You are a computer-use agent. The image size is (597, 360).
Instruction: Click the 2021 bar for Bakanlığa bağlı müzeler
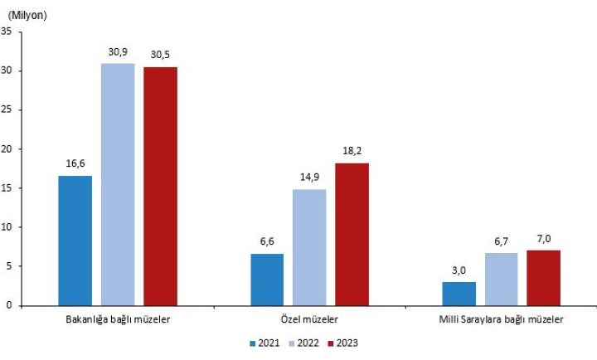[x=75, y=241]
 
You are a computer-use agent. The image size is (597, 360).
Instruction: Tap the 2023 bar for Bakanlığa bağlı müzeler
[x=160, y=186]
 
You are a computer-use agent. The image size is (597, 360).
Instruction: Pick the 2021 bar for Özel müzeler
[x=266, y=280]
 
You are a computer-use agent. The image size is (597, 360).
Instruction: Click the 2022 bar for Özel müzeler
[x=309, y=247]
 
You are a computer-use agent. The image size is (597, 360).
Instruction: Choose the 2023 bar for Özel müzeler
[x=352, y=234]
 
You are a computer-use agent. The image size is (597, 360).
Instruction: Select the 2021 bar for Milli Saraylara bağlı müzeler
[x=459, y=294]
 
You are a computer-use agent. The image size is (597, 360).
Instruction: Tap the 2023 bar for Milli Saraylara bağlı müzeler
[x=544, y=278]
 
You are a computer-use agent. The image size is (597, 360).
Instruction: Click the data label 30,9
[x=118, y=52]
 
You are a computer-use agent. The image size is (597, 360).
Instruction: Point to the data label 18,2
[x=352, y=152]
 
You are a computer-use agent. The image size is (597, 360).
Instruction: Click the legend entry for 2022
[x=306, y=342]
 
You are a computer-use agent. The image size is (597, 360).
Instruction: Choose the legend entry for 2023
[x=347, y=342]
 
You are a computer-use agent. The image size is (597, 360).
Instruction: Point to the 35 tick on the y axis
[x=7, y=32]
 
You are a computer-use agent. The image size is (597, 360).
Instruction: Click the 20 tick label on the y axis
[x=7, y=149]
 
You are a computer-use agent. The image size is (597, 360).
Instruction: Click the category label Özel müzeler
[x=309, y=319]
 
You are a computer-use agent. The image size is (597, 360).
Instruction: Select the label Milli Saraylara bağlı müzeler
[x=501, y=319]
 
